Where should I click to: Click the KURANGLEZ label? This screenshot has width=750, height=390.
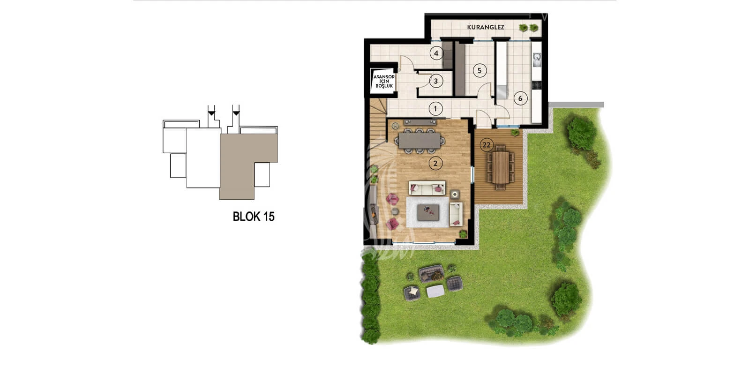[486, 27]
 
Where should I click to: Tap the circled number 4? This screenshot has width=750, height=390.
[436, 53]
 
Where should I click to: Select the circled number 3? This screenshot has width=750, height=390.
[436, 81]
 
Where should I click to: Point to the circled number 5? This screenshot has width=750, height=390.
[480, 71]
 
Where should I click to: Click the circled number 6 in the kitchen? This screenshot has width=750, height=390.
[520, 98]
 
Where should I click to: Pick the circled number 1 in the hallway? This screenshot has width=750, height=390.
[435, 108]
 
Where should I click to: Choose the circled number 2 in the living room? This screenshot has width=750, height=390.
[435, 164]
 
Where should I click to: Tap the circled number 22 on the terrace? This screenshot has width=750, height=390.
[487, 145]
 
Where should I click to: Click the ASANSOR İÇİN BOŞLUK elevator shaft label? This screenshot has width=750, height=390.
[384, 82]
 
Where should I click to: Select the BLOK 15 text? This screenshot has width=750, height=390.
[254, 217]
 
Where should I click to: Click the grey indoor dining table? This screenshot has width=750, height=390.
[419, 141]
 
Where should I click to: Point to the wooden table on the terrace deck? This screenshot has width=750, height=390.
[500, 167]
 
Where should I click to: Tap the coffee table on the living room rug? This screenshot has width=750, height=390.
[428, 212]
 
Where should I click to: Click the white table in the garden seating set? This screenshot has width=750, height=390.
[435, 291]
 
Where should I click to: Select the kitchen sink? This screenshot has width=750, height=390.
[537, 60]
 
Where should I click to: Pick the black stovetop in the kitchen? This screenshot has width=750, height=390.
[536, 85]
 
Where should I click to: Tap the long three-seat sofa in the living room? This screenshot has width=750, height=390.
[427, 188]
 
